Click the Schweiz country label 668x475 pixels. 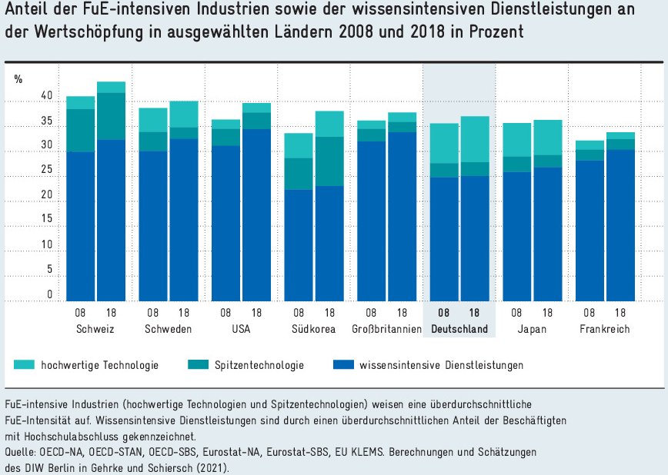click(96, 329)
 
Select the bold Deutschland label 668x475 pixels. click(459, 329)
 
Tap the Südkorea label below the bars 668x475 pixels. click(315, 329)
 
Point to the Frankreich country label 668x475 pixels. click(606, 329)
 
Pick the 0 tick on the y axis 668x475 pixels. click(49, 294)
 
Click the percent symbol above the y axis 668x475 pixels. click(18, 78)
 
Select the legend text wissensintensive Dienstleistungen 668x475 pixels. click(441, 365)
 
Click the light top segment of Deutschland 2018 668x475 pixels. click(475, 139)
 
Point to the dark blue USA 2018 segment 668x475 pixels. click(256, 215)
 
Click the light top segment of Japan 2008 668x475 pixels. click(517, 140)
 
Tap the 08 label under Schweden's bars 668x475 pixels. click(153, 313)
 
